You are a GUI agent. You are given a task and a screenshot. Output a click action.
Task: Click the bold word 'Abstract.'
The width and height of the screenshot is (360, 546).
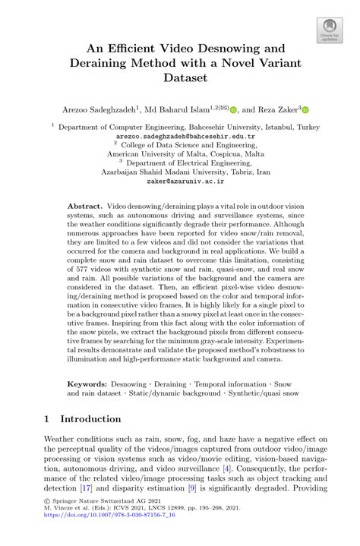(x=85, y=207)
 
